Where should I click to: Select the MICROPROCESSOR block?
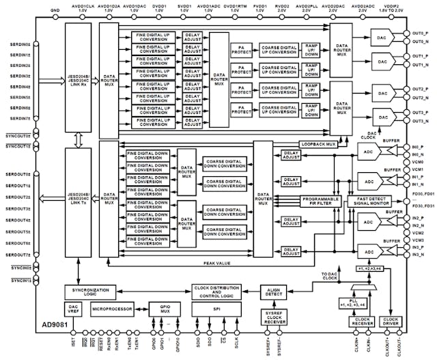tap(113, 309)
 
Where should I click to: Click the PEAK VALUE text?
tap(216, 262)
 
